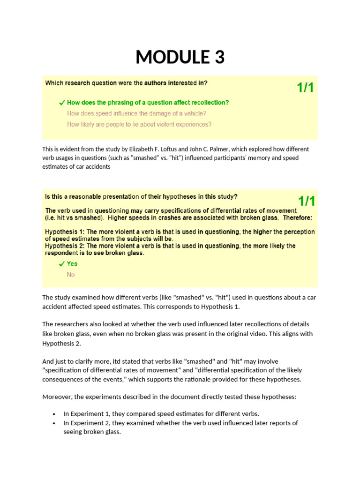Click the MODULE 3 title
pos(180,57)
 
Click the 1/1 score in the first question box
pos(305,88)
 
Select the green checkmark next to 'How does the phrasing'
pos(61,102)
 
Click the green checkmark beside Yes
pos(61,264)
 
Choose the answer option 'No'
pos(71,275)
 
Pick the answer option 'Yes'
pos(72,263)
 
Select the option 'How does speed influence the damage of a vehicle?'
pos(137,113)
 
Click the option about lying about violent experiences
pos(139,124)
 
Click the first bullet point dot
pos(54,414)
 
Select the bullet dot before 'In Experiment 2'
pos(54,423)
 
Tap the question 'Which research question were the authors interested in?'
pos(126,83)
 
